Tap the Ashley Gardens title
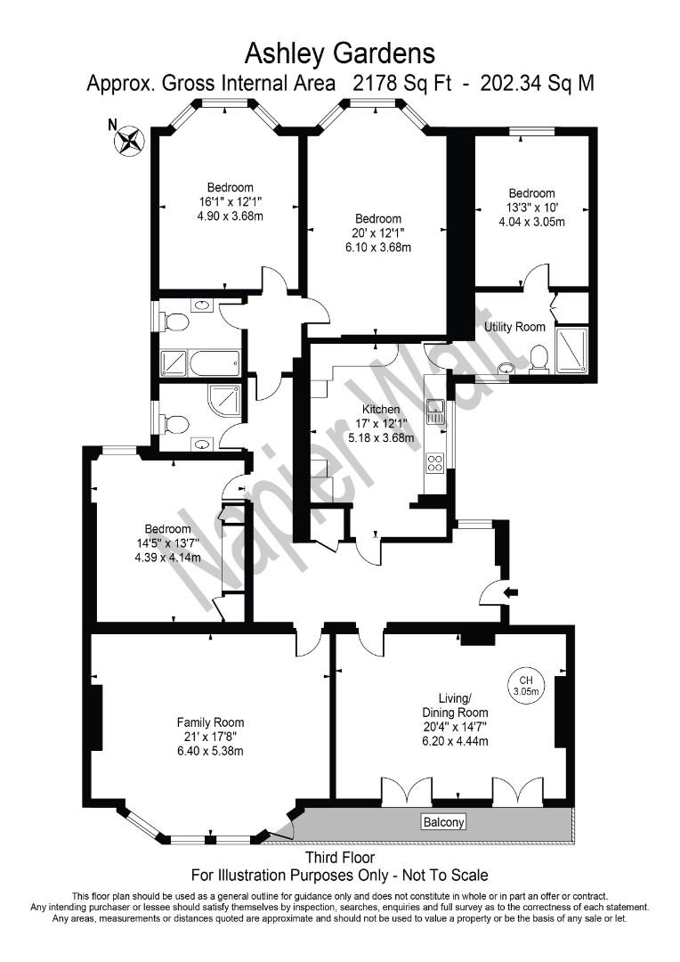pyautogui.click(x=339, y=53)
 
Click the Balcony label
pyautogui.click(x=442, y=822)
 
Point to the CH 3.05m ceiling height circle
pyautogui.click(x=528, y=682)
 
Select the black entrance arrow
pyautogui.click(x=510, y=591)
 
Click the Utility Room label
pyautogui.click(x=514, y=327)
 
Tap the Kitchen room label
pyautogui.click(x=380, y=409)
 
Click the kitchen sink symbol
pyautogui.click(x=435, y=412)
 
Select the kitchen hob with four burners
pyautogui.click(x=435, y=462)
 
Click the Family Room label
pyautogui.click(x=210, y=722)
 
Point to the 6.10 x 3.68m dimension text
pyautogui.click(x=378, y=248)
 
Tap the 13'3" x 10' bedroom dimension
pyautogui.click(x=531, y=208)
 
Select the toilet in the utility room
pyautogui.click(x=538, y=358)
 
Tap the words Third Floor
pyautogui.click(x=339, y=859)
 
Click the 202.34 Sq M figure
pyautogui.click(x=537, y=84)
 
